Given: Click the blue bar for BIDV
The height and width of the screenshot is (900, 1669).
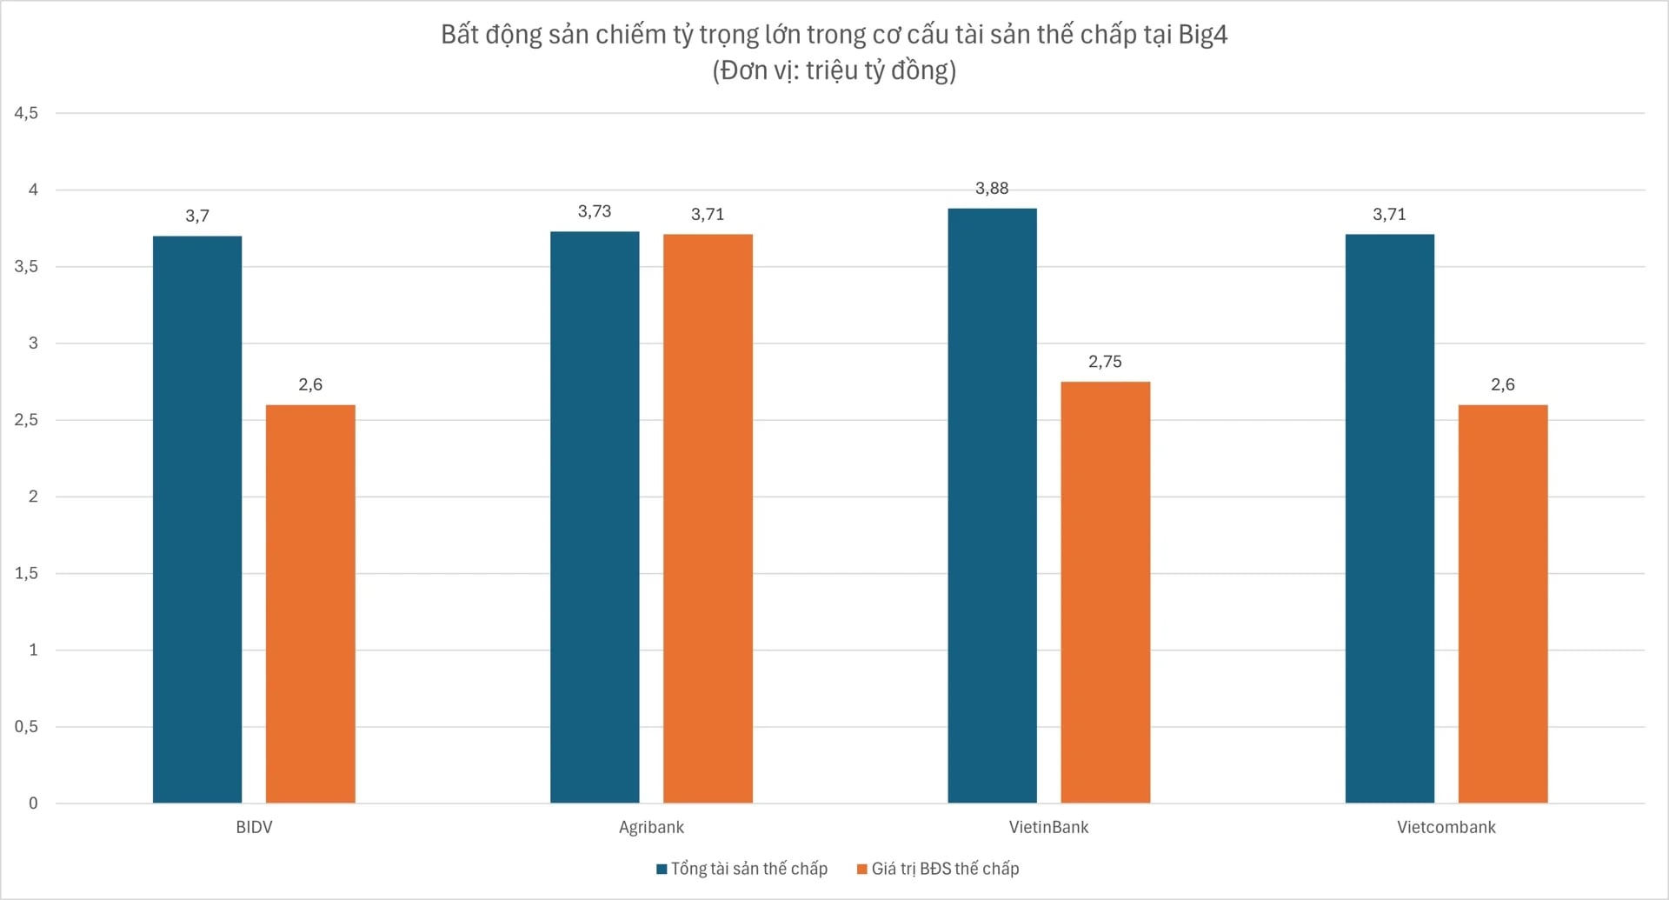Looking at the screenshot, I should click(197, 519).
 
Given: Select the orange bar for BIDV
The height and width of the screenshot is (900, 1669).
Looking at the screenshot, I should click(310, 603).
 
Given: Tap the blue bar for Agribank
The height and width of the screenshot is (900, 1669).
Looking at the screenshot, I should click(595, 517).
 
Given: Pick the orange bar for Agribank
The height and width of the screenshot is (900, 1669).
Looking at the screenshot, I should click(708, 518).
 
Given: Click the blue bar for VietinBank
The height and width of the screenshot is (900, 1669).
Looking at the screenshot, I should click(992, 505).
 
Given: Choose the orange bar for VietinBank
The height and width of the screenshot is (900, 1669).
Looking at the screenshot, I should click(1105, 592).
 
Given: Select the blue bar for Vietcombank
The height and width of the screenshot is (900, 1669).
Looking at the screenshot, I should click(1389, 518).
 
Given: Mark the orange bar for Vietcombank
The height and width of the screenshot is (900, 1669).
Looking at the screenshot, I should click(1502, 603).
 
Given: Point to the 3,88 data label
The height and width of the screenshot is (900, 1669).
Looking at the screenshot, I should click(992, 189).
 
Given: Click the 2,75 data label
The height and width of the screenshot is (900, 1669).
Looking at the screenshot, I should click(1105, 362).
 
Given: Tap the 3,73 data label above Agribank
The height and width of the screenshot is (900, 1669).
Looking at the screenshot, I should click(595, 211).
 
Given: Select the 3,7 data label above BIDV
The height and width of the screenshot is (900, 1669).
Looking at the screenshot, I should click(197, 216).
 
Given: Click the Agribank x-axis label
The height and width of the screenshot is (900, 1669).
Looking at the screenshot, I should click(651, 827).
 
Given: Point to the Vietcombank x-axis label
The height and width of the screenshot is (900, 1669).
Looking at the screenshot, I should click(1446, 827).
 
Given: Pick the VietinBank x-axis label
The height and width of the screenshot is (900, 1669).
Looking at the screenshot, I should click(1048, 827).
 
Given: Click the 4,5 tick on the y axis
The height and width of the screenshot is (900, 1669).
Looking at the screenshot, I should click(26, 113).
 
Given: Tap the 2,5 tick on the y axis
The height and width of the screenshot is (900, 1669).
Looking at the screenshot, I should click(26, 420).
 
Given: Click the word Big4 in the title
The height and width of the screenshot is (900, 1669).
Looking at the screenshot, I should click(1202, 35).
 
